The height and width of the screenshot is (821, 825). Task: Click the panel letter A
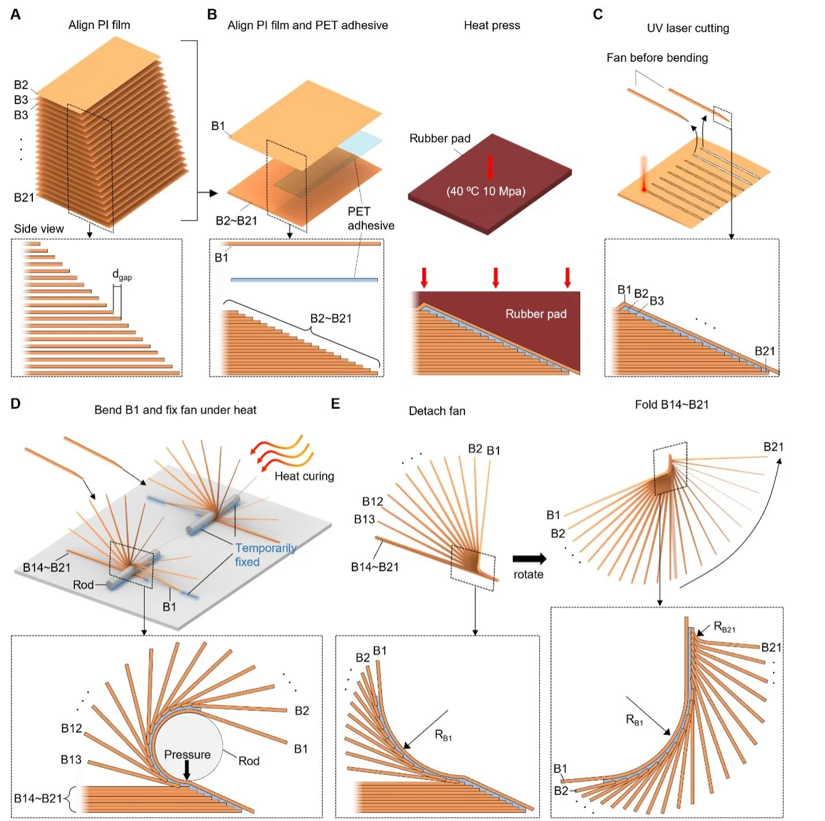click(16, 14)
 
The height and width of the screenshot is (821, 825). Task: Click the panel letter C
click(598, 14)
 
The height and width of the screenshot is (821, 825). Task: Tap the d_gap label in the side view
click(122, 275)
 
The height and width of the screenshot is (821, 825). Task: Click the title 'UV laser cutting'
click(688, 28)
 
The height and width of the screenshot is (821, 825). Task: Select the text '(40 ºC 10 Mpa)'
click(486, 192)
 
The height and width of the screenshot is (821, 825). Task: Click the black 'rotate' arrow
click(529, 558)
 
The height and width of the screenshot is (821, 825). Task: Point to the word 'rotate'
click(528, 575)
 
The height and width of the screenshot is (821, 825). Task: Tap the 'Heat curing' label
click(304, 476)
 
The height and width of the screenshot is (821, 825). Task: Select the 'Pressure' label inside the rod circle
click(187, 755)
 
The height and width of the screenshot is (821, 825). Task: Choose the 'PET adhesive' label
click(370, 219)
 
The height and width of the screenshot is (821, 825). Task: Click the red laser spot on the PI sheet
click(644, 189)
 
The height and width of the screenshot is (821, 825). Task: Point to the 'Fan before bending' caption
click(657, 58)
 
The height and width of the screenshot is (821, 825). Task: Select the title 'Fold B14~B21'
click(672, 404)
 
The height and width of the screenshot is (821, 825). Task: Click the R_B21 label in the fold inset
click(724, 627)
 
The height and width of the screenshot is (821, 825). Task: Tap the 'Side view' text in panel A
click(39, 228)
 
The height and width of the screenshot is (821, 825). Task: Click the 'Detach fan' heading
click(437, 411)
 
